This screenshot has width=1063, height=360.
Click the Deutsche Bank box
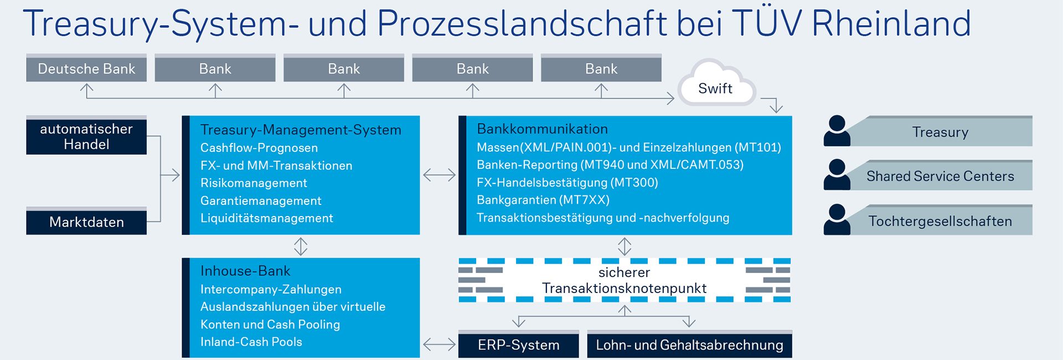click(x=86, y=69)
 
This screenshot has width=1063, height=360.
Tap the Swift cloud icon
click(x=715, y=85)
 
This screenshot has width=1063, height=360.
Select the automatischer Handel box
click(x=86, y=136)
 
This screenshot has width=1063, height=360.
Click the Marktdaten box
click(x=86, y=222)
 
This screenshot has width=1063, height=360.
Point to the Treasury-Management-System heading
click(x=301, y=130)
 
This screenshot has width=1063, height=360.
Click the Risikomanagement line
click(x=254, y=183)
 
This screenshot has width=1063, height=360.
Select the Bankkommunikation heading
click(x=542, y=129)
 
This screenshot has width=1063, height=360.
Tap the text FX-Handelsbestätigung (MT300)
click(x=567, y=182)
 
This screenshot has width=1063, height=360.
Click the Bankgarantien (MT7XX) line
click(x=543, y=200)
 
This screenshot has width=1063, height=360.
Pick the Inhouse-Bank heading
click(x=245, y=271)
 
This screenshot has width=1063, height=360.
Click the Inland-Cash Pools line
click(x=251, y=342)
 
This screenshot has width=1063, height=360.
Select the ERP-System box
click(x=518, y=345)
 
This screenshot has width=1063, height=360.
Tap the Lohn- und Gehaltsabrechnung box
click(x=689, y=345)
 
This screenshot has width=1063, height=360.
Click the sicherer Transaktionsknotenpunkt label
click(x=624, y=280)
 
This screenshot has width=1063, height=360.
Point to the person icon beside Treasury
click(x=837, y=131)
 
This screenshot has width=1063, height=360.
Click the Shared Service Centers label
click(x=940, y=176)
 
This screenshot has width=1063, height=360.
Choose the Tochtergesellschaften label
click(x=940, y=221)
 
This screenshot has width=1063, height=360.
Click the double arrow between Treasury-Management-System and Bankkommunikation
click(x=439, y=175)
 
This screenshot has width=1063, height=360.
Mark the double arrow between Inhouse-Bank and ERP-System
click(x=439, y=344)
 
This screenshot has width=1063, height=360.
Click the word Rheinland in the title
click(x=891, y=23)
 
